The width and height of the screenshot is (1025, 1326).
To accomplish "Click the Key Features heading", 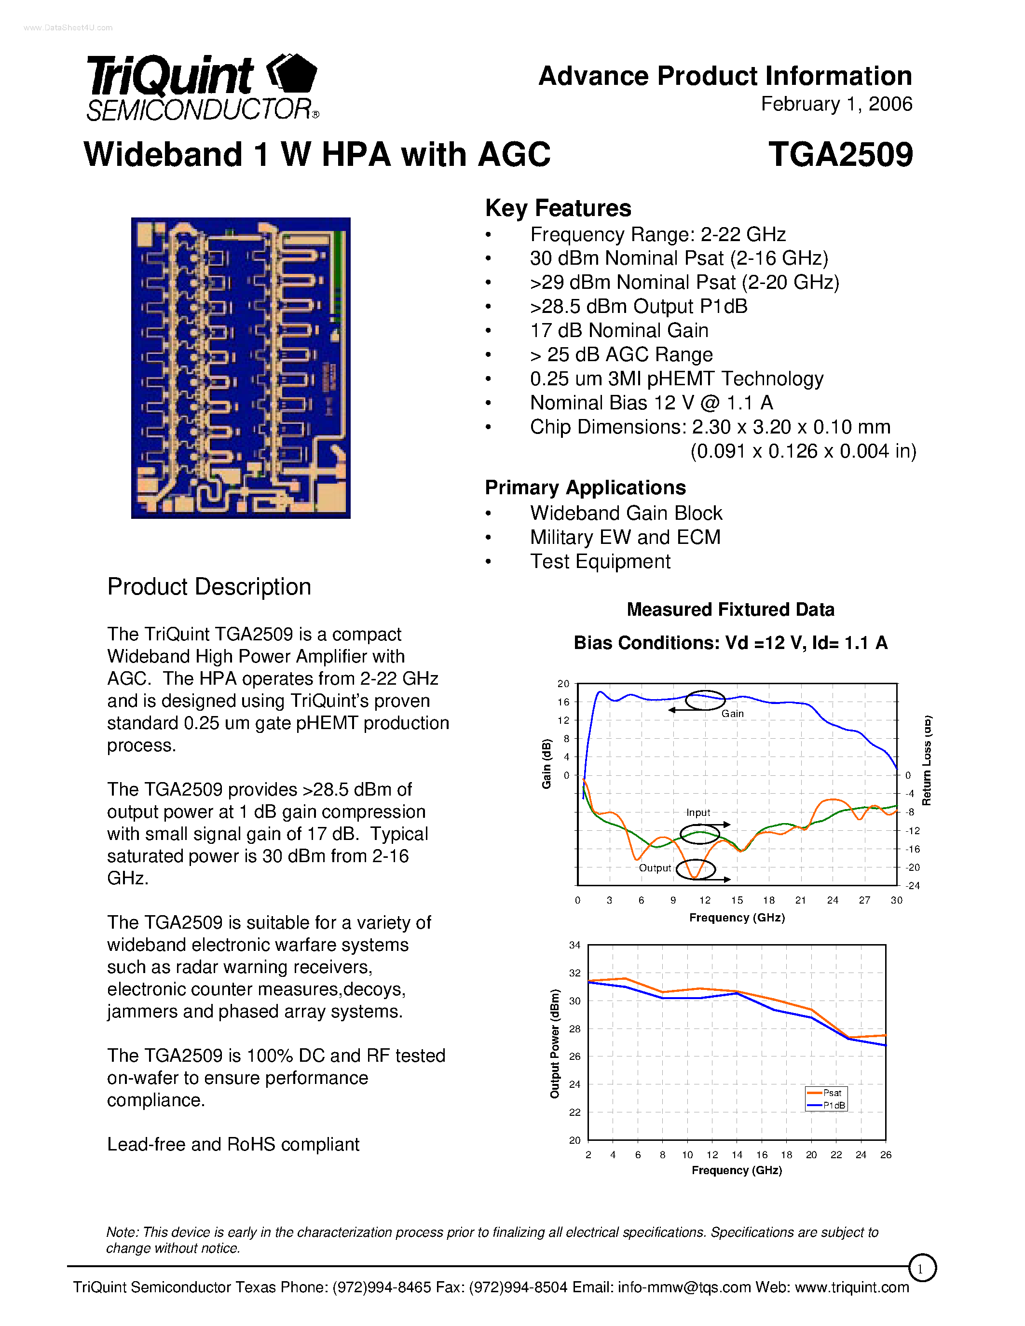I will click(558, 208).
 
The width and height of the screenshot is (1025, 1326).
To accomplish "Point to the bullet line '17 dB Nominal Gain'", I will click(618, 330).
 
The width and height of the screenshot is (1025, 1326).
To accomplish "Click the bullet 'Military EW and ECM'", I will click(624, 537).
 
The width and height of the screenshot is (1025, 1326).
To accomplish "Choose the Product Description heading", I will click(209, 587).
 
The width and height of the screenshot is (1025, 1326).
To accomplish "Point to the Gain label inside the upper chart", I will click(732, 714).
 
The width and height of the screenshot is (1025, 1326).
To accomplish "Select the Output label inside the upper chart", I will click(654, 868).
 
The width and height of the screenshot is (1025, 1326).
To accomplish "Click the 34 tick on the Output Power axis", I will click(574, 946).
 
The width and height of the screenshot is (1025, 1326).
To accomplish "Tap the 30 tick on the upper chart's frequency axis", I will click(896, 900).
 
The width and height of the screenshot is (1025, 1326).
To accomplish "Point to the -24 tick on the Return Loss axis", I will click(913, 886).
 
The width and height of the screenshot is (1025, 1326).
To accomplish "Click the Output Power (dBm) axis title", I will click(554, 1043).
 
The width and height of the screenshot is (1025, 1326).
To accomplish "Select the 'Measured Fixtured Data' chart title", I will click(730, 609).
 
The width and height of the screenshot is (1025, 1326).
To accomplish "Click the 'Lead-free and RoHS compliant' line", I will click(233, 1145).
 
